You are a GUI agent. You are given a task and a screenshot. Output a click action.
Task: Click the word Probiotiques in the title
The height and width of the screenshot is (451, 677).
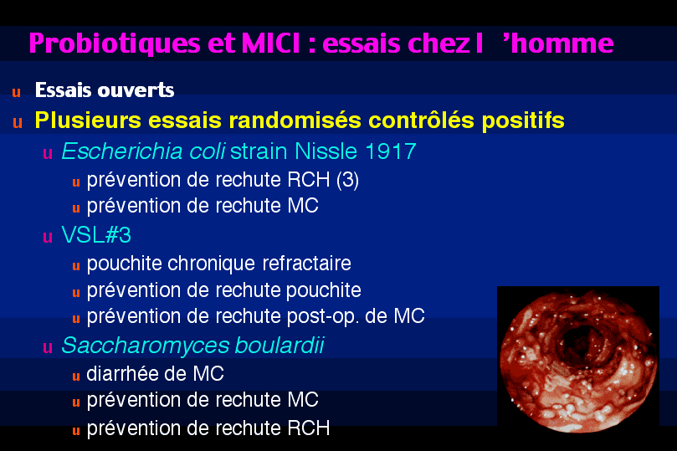click(x=115, y=44)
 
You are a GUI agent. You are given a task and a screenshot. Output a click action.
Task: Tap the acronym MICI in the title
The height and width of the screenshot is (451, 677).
click(x=270, y=44)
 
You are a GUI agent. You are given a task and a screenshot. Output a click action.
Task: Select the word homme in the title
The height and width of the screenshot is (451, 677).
click(x=562, y=44)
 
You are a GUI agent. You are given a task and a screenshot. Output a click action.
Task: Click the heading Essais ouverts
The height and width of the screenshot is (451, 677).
click(x=105, y=90)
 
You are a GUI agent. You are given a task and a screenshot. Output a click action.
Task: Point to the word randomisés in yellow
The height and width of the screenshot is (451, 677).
click(x=295, y=120)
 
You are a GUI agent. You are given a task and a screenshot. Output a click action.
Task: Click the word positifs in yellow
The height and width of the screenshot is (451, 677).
click(x=523, y=120)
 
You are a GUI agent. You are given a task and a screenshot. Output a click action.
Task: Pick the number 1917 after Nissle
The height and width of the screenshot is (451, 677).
click(x=390, y=151)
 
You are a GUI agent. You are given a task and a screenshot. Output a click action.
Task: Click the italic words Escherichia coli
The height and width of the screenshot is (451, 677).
click(x=143, y=151)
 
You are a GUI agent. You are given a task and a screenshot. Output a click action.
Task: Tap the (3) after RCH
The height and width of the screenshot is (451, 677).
click(x=347, y=180)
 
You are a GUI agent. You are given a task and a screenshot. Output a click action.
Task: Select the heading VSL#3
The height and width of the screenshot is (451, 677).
click(x=96, y=235)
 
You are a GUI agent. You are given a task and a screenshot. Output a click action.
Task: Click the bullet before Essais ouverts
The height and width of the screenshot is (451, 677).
click(x=17, y=92)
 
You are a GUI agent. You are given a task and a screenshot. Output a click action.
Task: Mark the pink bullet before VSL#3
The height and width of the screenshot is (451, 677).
click(x=48, y=237)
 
